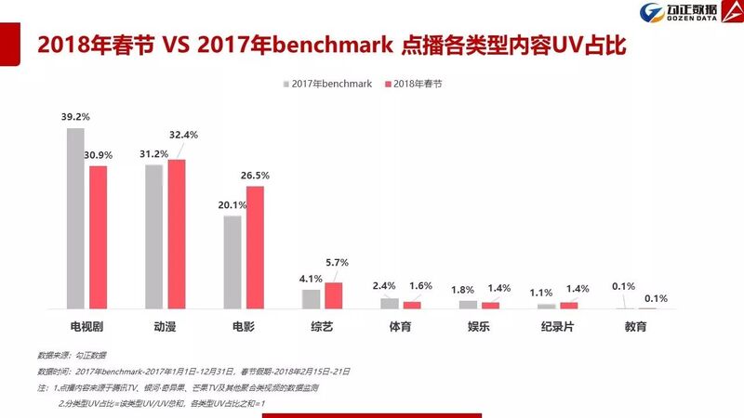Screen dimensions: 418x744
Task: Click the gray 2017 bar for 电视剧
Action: point(75,218)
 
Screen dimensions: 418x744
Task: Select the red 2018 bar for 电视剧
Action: point(98,237)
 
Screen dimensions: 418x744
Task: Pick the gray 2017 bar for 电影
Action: point(232,262)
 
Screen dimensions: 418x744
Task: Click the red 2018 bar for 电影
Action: point(255,247)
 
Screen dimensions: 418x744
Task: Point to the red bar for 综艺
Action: point(333,295)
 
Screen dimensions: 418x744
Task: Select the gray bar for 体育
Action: point(390,303)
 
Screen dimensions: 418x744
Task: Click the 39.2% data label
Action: point(75,118)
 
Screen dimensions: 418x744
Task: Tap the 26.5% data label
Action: point(254,175)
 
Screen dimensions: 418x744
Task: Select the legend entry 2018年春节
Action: point(413,84)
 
